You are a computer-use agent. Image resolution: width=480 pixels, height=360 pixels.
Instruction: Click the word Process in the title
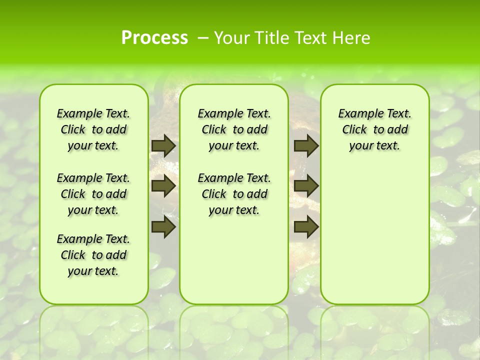pyautogui.click(x=154, y=37)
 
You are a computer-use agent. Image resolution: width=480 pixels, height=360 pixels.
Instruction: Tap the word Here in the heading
pyautogui.click(x=352, y=38)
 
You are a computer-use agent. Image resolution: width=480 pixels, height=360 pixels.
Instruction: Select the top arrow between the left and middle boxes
pyautogui.click(x=163, y=145)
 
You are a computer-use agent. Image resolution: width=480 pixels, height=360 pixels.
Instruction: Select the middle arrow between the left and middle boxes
pyautogui.click(x=163, y=186)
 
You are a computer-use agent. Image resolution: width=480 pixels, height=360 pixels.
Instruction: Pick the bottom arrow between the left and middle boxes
pyautogui.click(x=163, y=227)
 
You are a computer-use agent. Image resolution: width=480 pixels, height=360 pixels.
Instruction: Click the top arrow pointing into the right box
pyautogui.click(x=306, y=145)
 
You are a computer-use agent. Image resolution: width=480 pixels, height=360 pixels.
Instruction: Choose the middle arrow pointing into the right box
pyautogui.click(x=306, y=186)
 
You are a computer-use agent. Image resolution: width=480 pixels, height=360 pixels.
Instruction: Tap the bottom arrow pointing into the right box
pyautogui.click(x=306, y=227)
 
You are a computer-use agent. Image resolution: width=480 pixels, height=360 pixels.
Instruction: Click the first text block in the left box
pyautogui.click(x=93, y=129)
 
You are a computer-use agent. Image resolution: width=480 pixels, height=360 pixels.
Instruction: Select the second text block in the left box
pyautogui.click(x=93, y=194)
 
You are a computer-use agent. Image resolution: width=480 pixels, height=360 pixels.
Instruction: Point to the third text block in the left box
pyautogui.click(x=93, y=255)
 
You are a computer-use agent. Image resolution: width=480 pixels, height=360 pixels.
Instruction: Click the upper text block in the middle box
pyautogui.click(x=234, y=129)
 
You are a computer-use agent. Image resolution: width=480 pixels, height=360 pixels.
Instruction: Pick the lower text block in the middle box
pyautogui.click(x=234, y=194)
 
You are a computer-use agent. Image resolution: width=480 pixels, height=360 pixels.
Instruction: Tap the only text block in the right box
pyautogui.click(x=375, y=129)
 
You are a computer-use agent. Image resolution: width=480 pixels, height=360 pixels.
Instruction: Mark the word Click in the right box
pyautogui.click(x=354, y=129)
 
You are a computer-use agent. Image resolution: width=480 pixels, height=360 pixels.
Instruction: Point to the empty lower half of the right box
pyautogui.click(x=375, y=240)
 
